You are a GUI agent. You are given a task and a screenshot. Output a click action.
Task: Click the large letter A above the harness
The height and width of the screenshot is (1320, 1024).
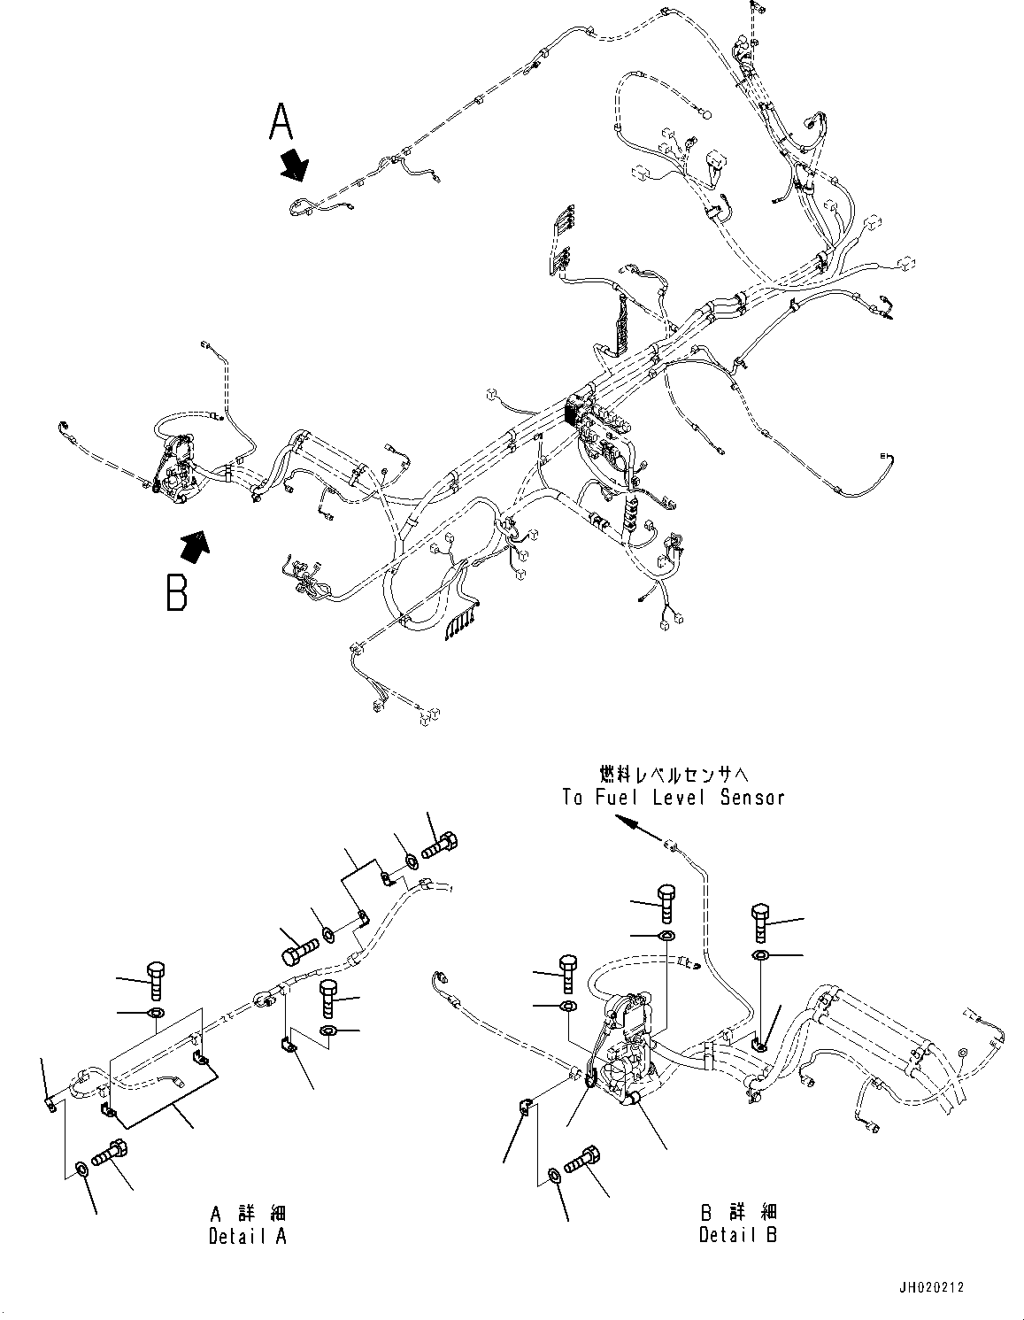pyautogui.click(x=281, y=122)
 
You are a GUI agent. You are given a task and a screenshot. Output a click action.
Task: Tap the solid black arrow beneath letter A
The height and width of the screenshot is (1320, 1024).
pyautogui.click(x=295, y=165)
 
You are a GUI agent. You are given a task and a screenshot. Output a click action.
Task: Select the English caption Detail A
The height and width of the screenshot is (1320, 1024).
pyautogui.click(x=248, y=1236)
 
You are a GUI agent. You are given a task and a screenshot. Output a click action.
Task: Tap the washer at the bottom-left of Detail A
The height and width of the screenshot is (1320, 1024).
pyautogui.click(x=81, y=1171)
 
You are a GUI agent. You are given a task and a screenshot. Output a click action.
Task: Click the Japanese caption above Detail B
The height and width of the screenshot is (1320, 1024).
pyautogui.click(x=738, y=1211)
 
